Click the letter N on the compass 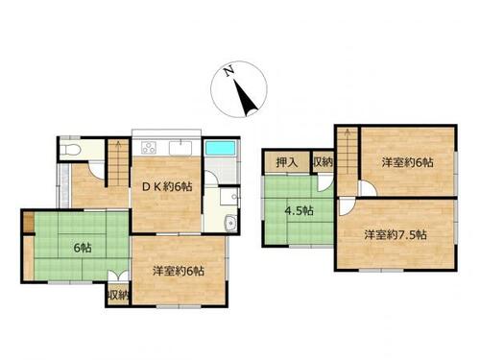(x=228, y=71)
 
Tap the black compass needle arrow (x=246, y=98)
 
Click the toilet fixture (x=71, y=150)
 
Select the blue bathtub (x=221, y=149)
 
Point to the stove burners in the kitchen (x=149, y=148)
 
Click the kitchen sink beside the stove (x=180, y=148)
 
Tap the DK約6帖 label (x=167, y=186)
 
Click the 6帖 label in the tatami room (x=83, y=248)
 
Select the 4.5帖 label (x=299, y=210)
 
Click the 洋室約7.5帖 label (x=396, y=235)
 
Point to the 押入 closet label (x=287, y=162)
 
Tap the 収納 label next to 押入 (x=324, y=162)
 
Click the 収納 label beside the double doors (x=118, y=295)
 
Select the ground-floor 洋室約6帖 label (x=179, y=271)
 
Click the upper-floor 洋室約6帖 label (x=407, y=162)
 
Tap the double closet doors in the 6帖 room (x=118, y=276)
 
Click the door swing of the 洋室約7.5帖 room (x=347, y=206)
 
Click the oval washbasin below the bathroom (x=230, y=224)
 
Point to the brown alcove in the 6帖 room (x=28, y=222)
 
